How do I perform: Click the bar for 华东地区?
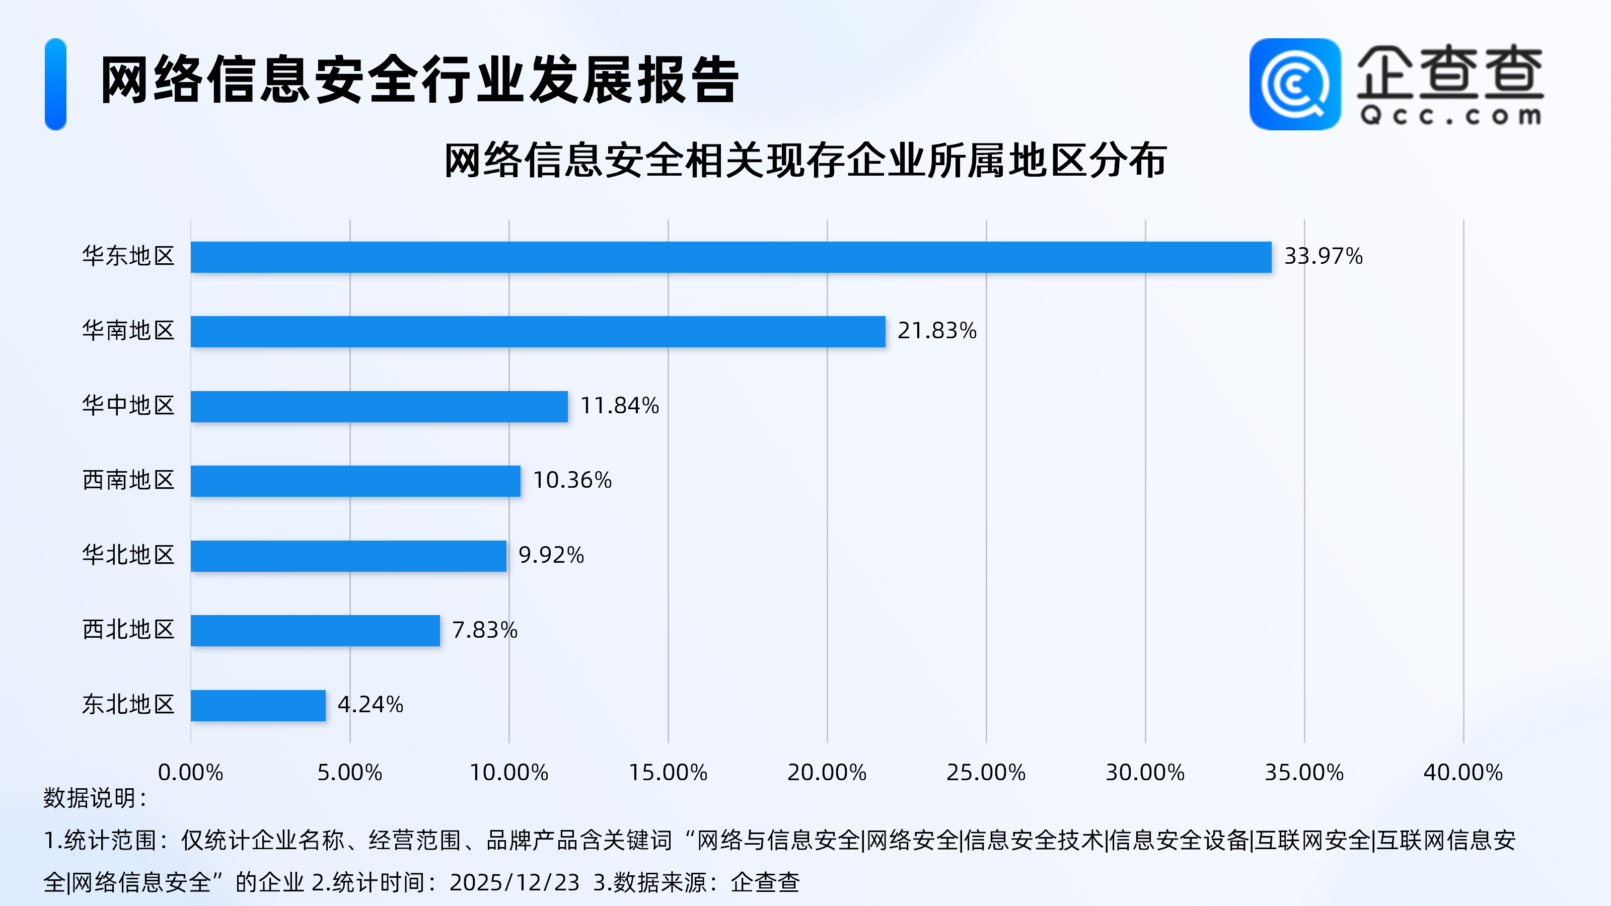pos(730,257)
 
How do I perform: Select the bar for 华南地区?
pos(538,331)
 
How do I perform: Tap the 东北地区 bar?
pos(258,705)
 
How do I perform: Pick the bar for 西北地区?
pos(315,630)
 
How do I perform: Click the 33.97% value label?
pos(1323,256)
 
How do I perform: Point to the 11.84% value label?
pos(619,406)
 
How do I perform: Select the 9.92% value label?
pos(551,555)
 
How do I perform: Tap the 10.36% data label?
pos(571,480)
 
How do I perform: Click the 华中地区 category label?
pos(128,406)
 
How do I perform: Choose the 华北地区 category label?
pos(128,555)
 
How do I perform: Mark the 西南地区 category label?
pos(128,480)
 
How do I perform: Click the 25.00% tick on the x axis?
pos(986,773)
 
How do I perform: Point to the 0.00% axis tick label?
pos(190,773)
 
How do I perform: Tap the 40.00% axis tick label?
pos(1463,773)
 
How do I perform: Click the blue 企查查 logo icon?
pos(1294,85)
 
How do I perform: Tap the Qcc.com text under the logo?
pos(1450,116)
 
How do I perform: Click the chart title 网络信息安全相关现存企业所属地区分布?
pos(805,161)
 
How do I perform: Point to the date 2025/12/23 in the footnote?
pos(514,883)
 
